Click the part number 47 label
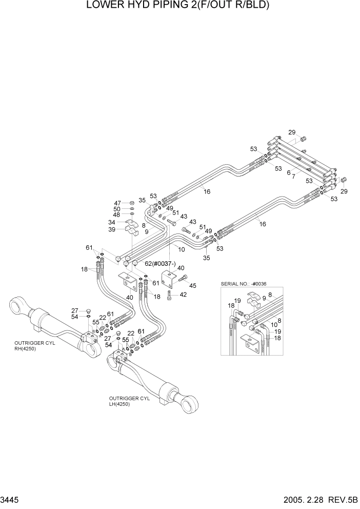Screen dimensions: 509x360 [117, 203]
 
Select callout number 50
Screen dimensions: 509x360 [117, 209]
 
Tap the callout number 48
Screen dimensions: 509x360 [117, 214]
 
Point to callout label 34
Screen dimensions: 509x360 [111, 222]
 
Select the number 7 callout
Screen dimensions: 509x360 [294, 177]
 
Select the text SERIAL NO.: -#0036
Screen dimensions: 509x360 [244, 284]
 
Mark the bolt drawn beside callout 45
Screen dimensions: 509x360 [182, 277]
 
